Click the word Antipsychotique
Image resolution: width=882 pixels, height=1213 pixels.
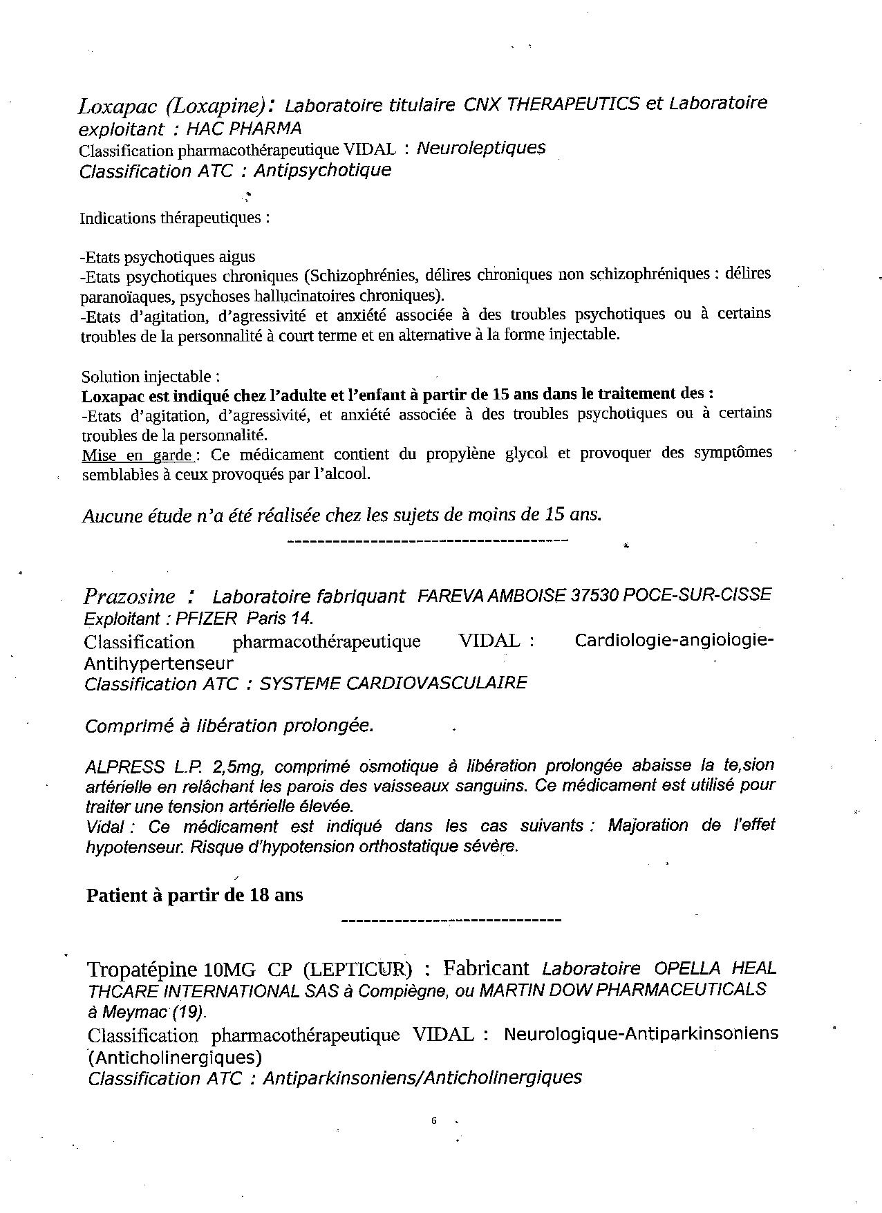[x=322, y=170]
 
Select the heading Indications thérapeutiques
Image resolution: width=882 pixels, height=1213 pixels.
[x=174, y=218]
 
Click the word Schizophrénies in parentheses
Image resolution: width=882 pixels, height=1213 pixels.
[x=363, y=275]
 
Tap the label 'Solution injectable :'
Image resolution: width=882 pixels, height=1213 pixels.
[x=151, y=377]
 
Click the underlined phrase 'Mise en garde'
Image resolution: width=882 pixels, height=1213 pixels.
[x=138, y=455]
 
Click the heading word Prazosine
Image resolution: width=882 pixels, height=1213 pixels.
[x=129, y=596]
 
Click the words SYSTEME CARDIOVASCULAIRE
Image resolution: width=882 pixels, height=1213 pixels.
[x=393, y=684]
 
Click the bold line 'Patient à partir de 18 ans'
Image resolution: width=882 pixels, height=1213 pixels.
[x=194, y=895]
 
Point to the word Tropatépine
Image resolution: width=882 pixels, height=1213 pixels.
[x=142, y=968]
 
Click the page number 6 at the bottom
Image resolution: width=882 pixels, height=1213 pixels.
[x=433, y=1121]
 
